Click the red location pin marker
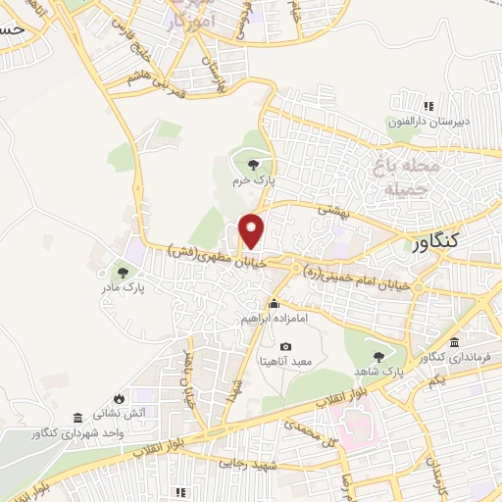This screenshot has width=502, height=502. (x=252, y=229)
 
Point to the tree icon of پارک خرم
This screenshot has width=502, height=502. (x=255, y=165)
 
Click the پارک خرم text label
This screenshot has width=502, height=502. (x=258, y=181)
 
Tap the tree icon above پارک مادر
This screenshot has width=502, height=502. (x=123, y=273)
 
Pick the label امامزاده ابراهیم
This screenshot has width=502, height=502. (x=275, y=319)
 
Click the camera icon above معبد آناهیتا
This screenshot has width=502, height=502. (x=285, y=347)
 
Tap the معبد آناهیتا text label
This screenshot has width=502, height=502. (x=285, y=362)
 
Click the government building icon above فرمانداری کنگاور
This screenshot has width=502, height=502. (x=454, y=342)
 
